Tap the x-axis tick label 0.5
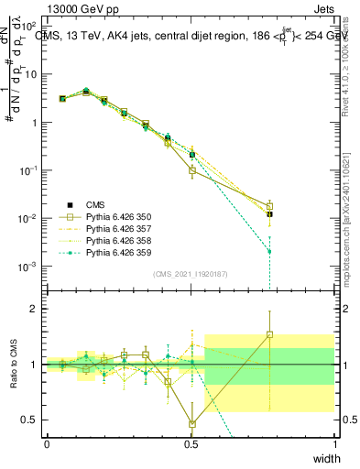coord(191,444)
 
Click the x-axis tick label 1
coord(334,444)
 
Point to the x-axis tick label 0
coord(47,444)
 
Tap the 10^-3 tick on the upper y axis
coord(28,267)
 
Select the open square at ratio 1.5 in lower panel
coord(269,334)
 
